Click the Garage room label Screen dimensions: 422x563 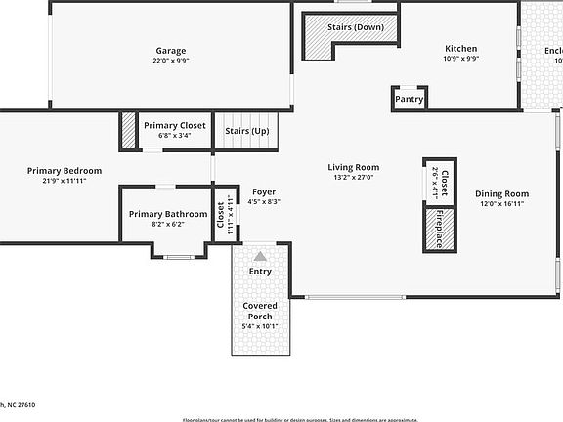point(171,51)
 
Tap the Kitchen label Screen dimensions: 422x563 point(461,48)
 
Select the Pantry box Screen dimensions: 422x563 point(409,99)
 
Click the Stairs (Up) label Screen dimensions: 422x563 point(246,131)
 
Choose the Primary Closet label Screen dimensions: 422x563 point(174,125)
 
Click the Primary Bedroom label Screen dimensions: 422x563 point(65,171)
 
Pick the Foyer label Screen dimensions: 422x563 point(264,191)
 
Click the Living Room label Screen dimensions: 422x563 point(353,167)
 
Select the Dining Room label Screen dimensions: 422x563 point(502,193)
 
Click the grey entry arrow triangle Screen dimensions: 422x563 point(260,255)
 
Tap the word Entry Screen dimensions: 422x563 point(260,272)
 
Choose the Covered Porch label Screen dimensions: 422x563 point(260,311)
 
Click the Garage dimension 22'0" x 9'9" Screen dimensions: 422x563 point(171,62)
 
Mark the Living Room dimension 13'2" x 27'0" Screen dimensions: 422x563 point(353,178)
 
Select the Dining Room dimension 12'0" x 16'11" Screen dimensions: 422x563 point(502,204)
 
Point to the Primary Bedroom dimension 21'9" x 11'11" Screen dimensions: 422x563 point(65,182)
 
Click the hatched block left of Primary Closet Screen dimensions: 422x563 point(128,130)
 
